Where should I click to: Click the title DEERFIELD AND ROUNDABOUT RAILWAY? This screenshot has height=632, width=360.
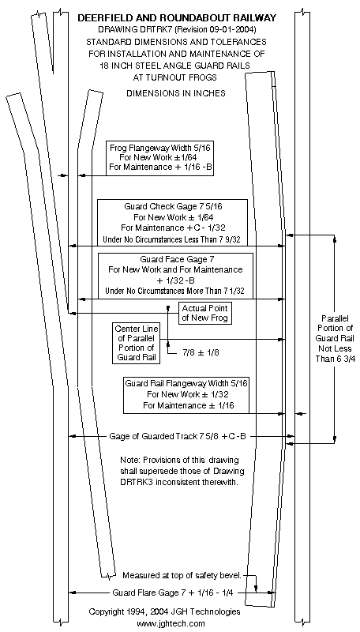click(177, 18)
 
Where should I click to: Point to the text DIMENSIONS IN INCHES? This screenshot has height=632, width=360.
click(176, 93)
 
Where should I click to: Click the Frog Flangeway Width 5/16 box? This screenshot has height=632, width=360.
click(159, 158)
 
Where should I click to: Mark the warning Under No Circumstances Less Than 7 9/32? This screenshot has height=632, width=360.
click(172, 239)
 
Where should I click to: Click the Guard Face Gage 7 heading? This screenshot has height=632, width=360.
click(175, 259)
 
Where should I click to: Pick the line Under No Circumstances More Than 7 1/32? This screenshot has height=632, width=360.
click(175, 291)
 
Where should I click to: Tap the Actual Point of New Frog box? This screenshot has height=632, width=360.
click(205, 313)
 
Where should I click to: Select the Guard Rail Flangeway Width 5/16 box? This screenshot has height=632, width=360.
click(186, 394)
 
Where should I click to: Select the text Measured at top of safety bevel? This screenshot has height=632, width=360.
click(182, 575)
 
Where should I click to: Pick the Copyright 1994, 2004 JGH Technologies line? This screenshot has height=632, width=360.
click(165, 611)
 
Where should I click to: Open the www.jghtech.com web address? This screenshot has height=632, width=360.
click(171, 624)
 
